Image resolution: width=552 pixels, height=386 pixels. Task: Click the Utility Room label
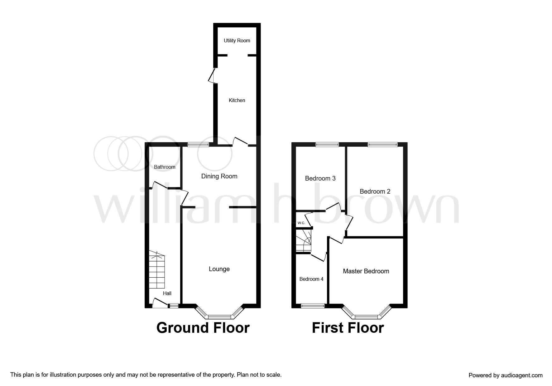pos(237,40)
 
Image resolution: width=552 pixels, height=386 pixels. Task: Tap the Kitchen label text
pos(237,100)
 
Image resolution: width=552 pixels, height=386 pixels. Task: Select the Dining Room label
pos(219,176)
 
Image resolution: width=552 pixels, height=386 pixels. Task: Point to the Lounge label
pos(219,269)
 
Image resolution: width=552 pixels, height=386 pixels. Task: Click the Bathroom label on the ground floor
pos(165,167)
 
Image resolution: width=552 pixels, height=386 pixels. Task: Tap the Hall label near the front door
pos(167,293)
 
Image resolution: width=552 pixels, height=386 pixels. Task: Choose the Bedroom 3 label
pos(320,178)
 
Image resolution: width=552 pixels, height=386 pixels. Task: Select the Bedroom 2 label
pos(375,191)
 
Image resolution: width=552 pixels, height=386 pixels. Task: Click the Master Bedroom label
pos(366,271)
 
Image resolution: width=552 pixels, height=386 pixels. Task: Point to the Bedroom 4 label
pos(311,279)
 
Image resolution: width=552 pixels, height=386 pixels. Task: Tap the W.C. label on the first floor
pos(301,223)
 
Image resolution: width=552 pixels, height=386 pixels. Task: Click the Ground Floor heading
pos(203,328)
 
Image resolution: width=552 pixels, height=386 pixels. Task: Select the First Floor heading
pos(348,328)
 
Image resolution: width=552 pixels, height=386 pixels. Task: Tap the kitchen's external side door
pos(212,76)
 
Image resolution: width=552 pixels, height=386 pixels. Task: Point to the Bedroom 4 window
pos(313,306)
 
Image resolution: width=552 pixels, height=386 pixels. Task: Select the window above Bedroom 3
pos(327,144)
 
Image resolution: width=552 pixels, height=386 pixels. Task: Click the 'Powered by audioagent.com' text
pos(506,375)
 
